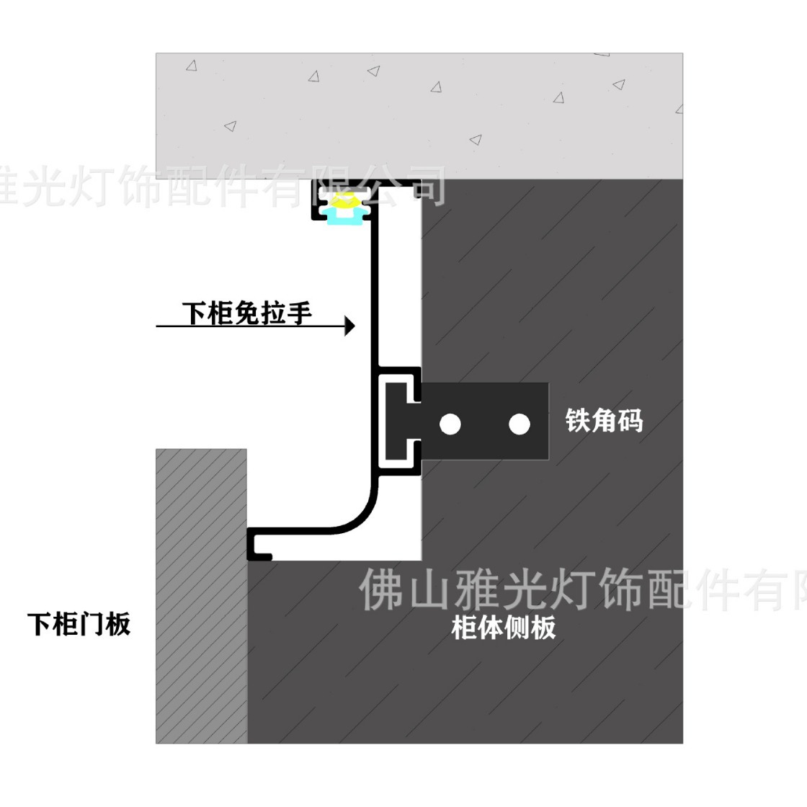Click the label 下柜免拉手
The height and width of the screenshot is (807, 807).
click(246, 313)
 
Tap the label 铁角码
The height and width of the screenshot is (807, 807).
click(604, 420)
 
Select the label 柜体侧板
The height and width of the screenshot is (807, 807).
click(504, 628)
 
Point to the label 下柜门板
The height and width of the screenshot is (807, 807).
click(79, 624)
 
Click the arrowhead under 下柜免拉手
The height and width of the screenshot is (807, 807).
click(350, 326)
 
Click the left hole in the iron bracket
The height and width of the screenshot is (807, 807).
click(450, 424)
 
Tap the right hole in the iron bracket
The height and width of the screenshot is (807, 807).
click(519, 424)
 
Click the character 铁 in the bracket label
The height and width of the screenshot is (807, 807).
click(578, 420)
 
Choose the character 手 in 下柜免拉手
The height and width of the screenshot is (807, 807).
click(299, 313)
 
